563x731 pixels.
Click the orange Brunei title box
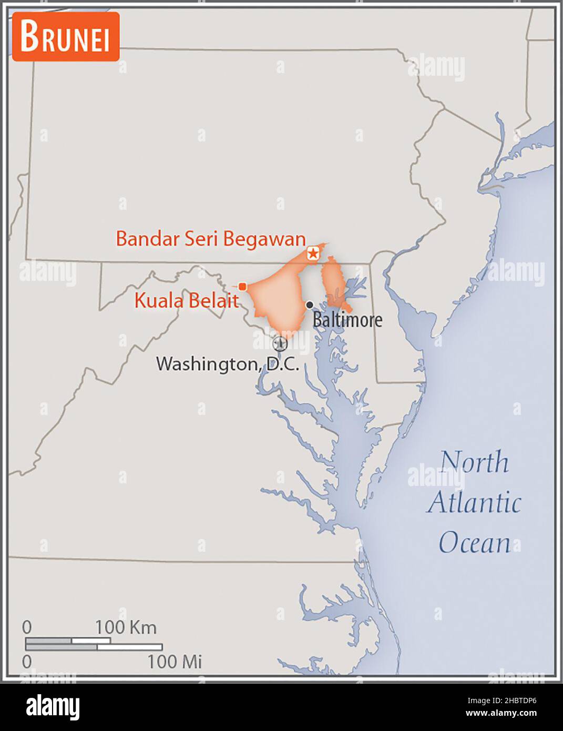pos(66,36)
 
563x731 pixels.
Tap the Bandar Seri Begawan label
pos(210,239)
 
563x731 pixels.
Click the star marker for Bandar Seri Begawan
pos(313,254)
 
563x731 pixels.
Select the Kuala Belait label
pos(186,300)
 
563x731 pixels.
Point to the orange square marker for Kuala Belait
pos(242,287)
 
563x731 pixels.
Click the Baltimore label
pos(347,319)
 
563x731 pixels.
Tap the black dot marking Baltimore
pos(310,305)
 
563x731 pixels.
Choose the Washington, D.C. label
pos(227,364)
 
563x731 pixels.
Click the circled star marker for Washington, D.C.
pos(280,344)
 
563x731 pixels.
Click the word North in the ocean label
pos(474,462)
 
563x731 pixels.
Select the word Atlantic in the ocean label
pos(474,502)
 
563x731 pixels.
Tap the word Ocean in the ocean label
pos(474,543)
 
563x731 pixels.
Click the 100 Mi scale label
pos(174,662)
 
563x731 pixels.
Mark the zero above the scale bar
pos(27,627)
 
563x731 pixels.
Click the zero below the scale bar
pos(27,662)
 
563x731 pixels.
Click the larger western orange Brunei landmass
pos(279,300)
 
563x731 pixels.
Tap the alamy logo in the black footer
pos(53,707)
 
